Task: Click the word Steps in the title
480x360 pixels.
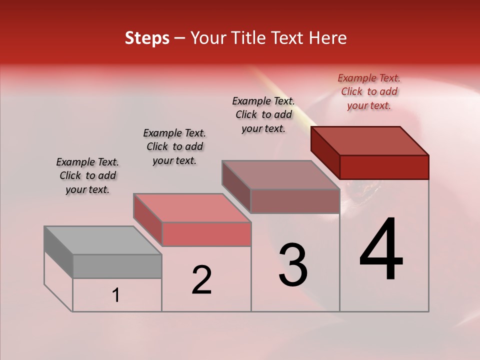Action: [x=147, y=38]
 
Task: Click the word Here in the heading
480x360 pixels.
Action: [x=327, y=38]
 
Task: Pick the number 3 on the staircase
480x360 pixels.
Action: [x=293, y=265]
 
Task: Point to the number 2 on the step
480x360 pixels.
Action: [x=201, y=280]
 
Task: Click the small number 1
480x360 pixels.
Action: [x=116, y=295]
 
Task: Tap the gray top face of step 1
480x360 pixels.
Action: [x=103, y=240]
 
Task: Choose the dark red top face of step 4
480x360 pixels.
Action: [x=370, y=141]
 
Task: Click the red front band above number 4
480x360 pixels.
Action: [x=384, y=167]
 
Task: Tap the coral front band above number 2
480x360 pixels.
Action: [x=206, y=234]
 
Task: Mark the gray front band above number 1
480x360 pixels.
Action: [x=117, y=266]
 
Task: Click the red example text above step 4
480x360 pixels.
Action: [x=369, y=91]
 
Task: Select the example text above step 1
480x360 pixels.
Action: [x=87, y=175]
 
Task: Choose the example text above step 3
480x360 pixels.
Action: [x=263, y=114]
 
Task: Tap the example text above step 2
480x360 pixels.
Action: [x=174, y=146]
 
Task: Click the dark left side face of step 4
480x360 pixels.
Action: [x=325, y=152]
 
